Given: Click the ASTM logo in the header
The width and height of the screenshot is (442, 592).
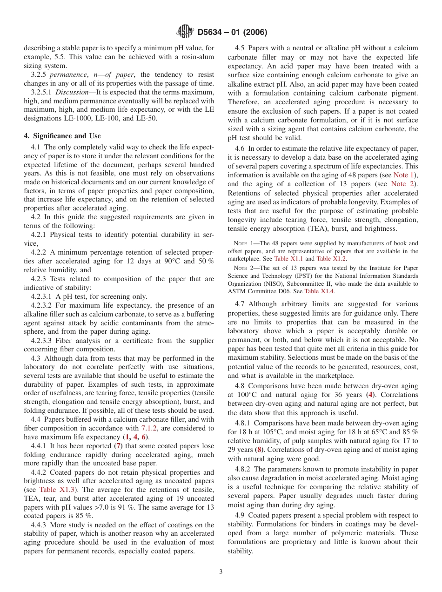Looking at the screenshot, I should (x=186, y=32).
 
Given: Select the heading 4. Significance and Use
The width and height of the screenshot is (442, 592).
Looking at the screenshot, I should (x=62, y=136).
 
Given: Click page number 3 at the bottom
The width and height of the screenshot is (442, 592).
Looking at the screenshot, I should (x=221, y=572).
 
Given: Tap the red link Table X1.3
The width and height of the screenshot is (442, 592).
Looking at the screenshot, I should (x=54, y=490).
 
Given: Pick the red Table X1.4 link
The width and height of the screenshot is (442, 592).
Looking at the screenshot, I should (x=319, y=291).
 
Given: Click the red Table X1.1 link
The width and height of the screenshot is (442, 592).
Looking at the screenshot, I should (x=288, y=259).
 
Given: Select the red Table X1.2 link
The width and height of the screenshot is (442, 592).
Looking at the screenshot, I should (x=331, y=259).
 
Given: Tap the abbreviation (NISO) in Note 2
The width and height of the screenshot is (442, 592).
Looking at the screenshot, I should (x=277, y=283).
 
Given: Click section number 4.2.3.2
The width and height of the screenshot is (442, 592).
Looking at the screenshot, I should (x=43, y=305).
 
